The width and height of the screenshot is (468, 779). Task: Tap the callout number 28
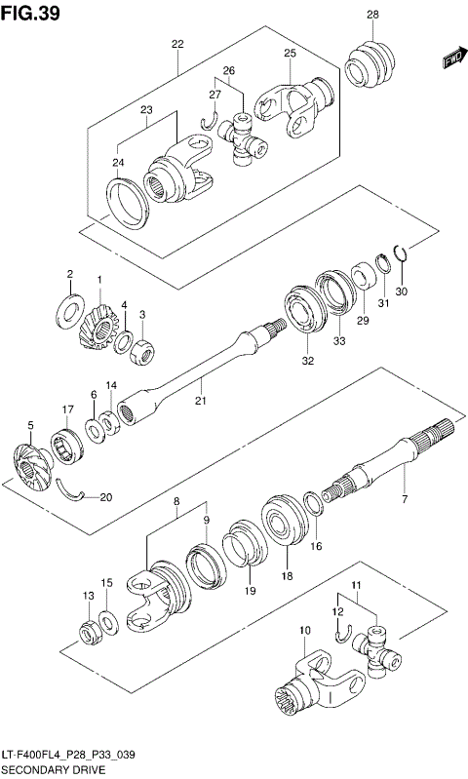(372, 14)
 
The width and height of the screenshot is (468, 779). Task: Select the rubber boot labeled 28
(370, 67)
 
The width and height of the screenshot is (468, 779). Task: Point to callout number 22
(177, 44)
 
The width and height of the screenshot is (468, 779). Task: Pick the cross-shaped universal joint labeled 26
(242, 136)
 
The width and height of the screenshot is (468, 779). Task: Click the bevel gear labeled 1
(99, 323)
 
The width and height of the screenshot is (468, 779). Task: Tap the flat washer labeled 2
(71, 306)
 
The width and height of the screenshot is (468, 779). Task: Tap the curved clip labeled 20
(72, 492)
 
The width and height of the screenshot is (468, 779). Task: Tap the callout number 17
(67, 409)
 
